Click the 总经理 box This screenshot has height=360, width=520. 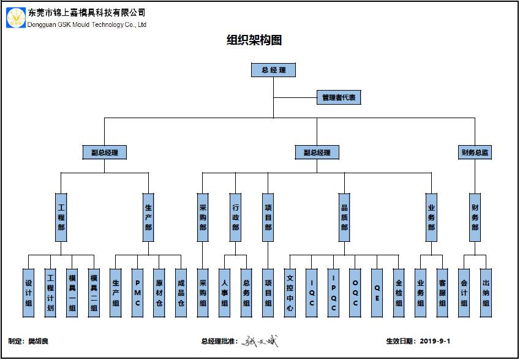click(x=273, y=70)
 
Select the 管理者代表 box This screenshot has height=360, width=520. click(x=339, y=97)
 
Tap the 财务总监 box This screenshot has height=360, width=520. click(x=475, y=152)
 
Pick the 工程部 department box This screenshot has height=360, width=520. click(x=61, y=218)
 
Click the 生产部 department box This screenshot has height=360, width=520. click(x=148, y=218)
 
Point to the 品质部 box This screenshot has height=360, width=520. click(x=344, y=218)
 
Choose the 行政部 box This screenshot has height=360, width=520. click(x=236, y=218)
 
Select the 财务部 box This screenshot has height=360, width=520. click(x=475, y=218)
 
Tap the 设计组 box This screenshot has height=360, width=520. click(x=28, y=293)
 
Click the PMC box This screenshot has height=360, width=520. click(x=137, y=293)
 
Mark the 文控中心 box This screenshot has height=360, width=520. click(x=290, y=293)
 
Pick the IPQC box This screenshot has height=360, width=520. click(x=333, y=293)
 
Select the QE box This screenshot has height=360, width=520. click(x=377, y=293)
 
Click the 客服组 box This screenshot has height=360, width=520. click(x=442, y=293)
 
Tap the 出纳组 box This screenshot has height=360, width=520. click(x=486, y=293)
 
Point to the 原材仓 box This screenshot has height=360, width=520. click(x=159, y=293)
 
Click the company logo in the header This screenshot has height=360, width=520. click(x=16, y=18)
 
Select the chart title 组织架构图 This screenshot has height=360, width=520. click(x=254, y=41)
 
